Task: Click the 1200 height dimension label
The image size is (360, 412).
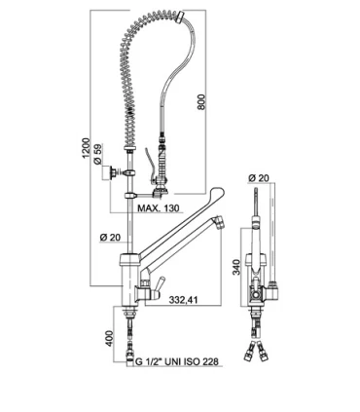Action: click(x=86, y=148)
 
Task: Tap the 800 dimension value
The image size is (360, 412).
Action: click(x=201, y=102)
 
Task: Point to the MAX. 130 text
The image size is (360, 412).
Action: click(x=159, y=207)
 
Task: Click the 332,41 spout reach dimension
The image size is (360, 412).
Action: click(x=183, y=300)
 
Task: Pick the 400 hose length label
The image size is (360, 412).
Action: click(x=111, y=338)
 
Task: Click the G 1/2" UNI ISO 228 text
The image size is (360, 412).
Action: click(x=177, y=361)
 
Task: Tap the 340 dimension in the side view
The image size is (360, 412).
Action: click(x=237, y=267)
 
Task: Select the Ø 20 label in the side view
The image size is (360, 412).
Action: click(x=259, y=178)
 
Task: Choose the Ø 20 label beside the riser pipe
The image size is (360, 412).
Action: click(x=110, y=238)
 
